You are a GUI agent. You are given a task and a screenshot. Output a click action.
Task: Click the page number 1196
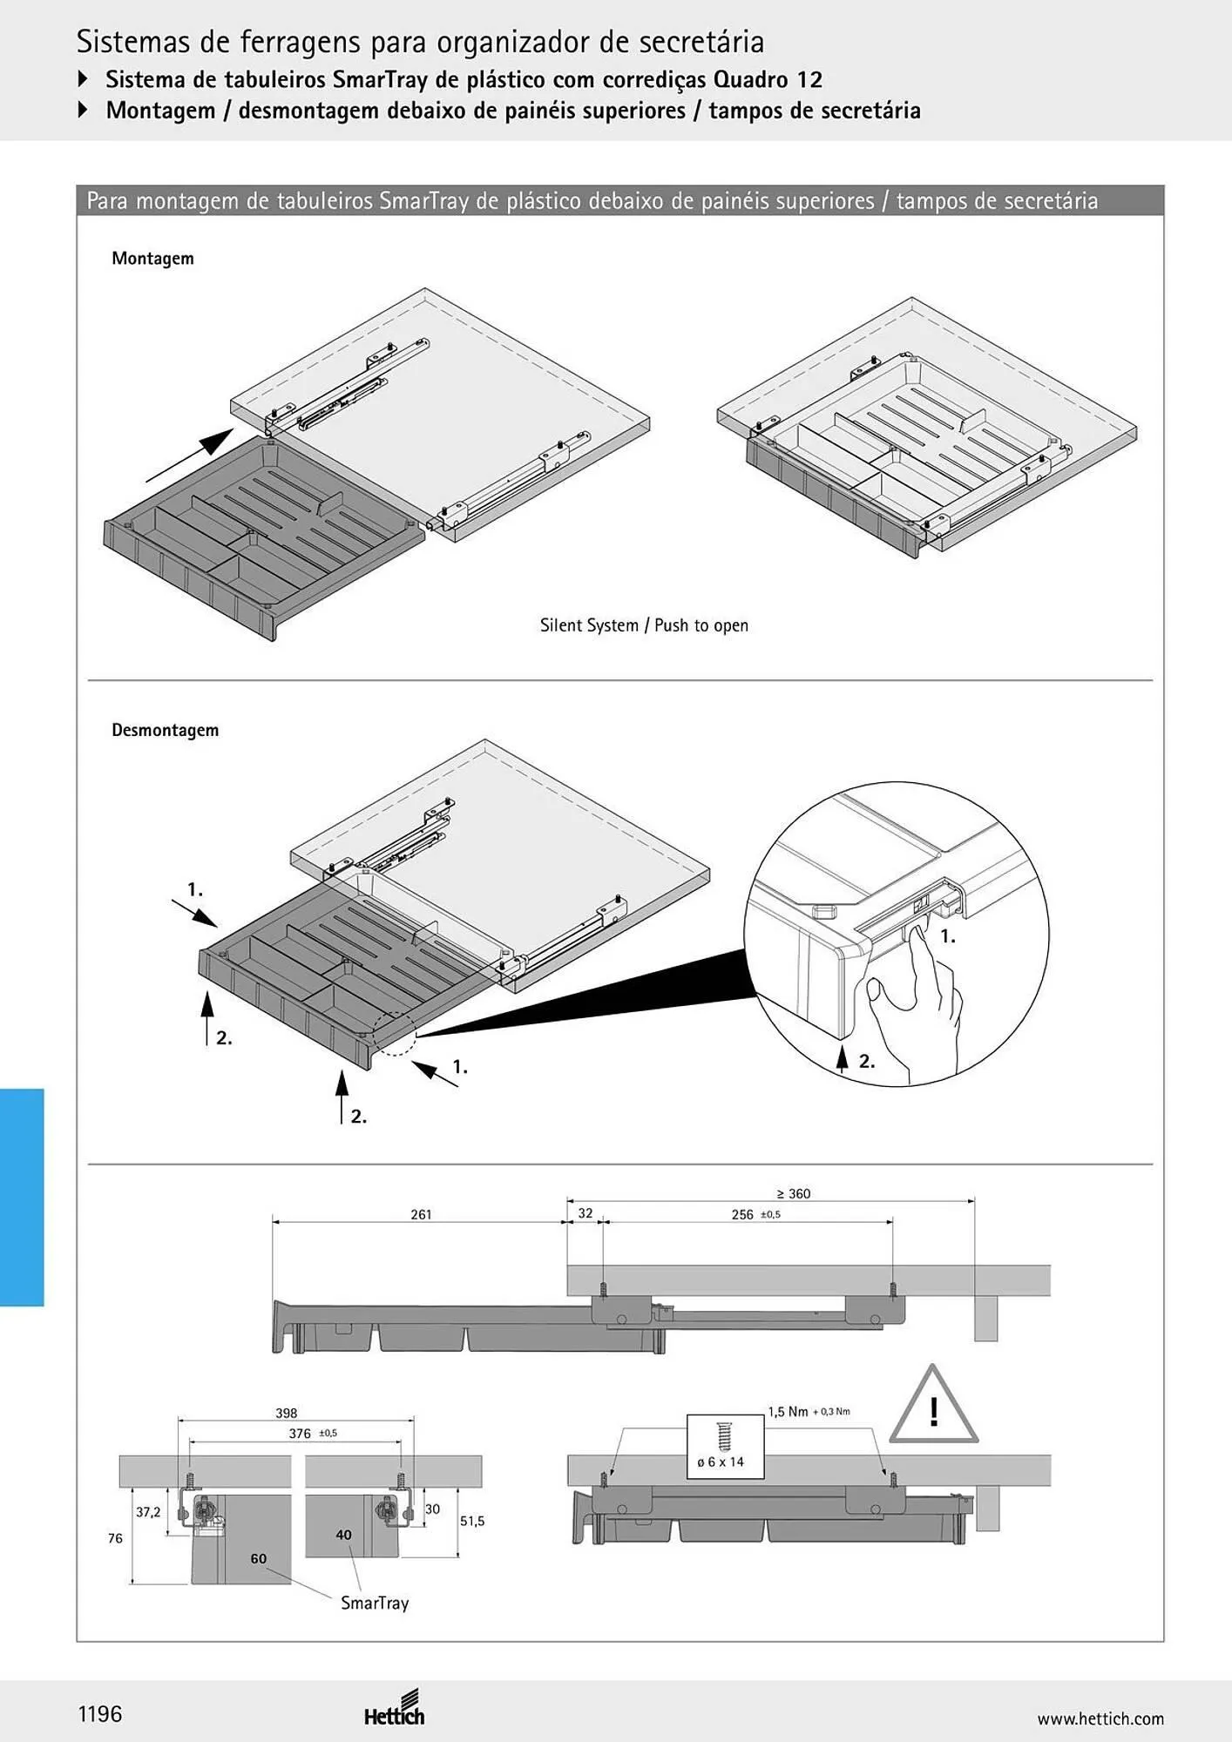[100, 1714]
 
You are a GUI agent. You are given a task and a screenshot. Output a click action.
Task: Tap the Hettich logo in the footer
[395, 1707]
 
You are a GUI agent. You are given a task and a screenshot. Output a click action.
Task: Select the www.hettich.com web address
[1100, 1718]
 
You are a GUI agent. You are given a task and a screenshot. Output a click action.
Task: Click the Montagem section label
[152, 259]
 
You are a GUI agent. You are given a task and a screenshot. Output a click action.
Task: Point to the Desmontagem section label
[165, 730]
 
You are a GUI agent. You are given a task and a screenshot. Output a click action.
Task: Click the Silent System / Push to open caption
[644, 625]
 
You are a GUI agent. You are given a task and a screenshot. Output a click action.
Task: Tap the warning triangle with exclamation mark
[933, 1404]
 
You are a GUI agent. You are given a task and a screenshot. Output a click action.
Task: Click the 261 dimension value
[421, 1214]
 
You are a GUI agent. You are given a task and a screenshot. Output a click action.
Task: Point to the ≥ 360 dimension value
[793, 1193]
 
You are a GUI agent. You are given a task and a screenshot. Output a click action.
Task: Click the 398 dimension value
[287, 1413]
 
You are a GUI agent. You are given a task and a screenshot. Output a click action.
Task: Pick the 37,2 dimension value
[148, 1512]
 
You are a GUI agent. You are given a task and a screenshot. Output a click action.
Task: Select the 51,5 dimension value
[472, 1521]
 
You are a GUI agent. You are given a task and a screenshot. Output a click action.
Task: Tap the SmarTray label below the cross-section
[375, 1603]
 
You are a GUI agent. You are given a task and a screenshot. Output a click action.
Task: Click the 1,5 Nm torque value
[788, 1412]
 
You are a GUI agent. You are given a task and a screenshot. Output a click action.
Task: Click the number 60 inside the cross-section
[259, 1558]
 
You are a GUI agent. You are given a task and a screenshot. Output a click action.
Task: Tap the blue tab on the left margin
[22, 1197]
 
